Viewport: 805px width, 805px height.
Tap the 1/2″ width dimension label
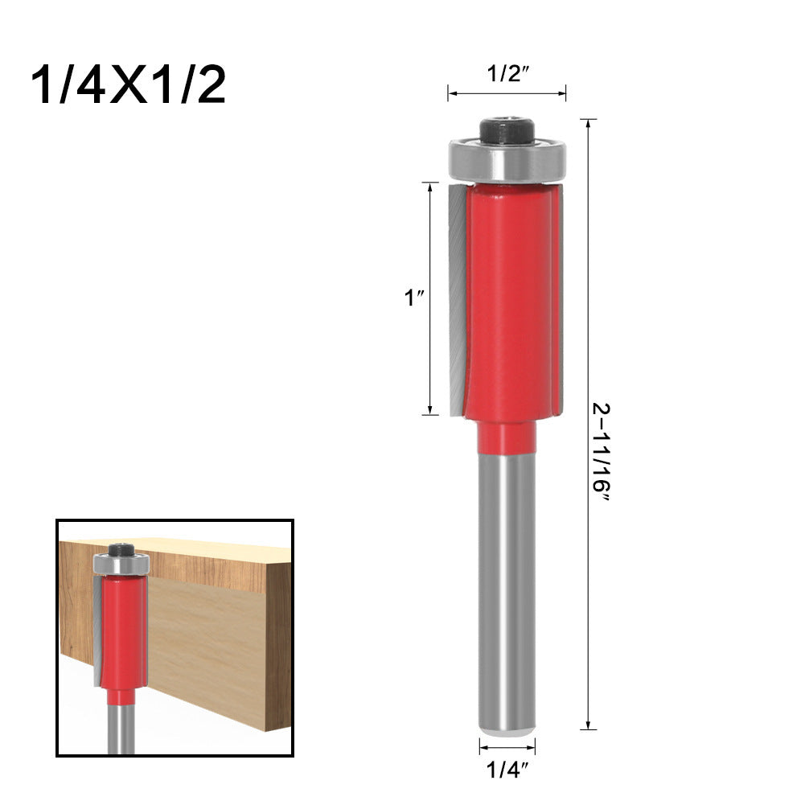[507, 75]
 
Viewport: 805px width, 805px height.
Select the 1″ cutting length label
[413, 298]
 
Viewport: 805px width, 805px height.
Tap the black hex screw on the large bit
[507, 130]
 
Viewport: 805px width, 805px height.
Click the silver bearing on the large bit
[507, 161]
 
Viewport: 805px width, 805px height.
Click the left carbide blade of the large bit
[456, 298]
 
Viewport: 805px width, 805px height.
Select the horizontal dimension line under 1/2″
[507, 94]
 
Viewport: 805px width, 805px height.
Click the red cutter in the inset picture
[122, 627]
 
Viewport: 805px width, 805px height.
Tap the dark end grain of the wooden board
[278, 643]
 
